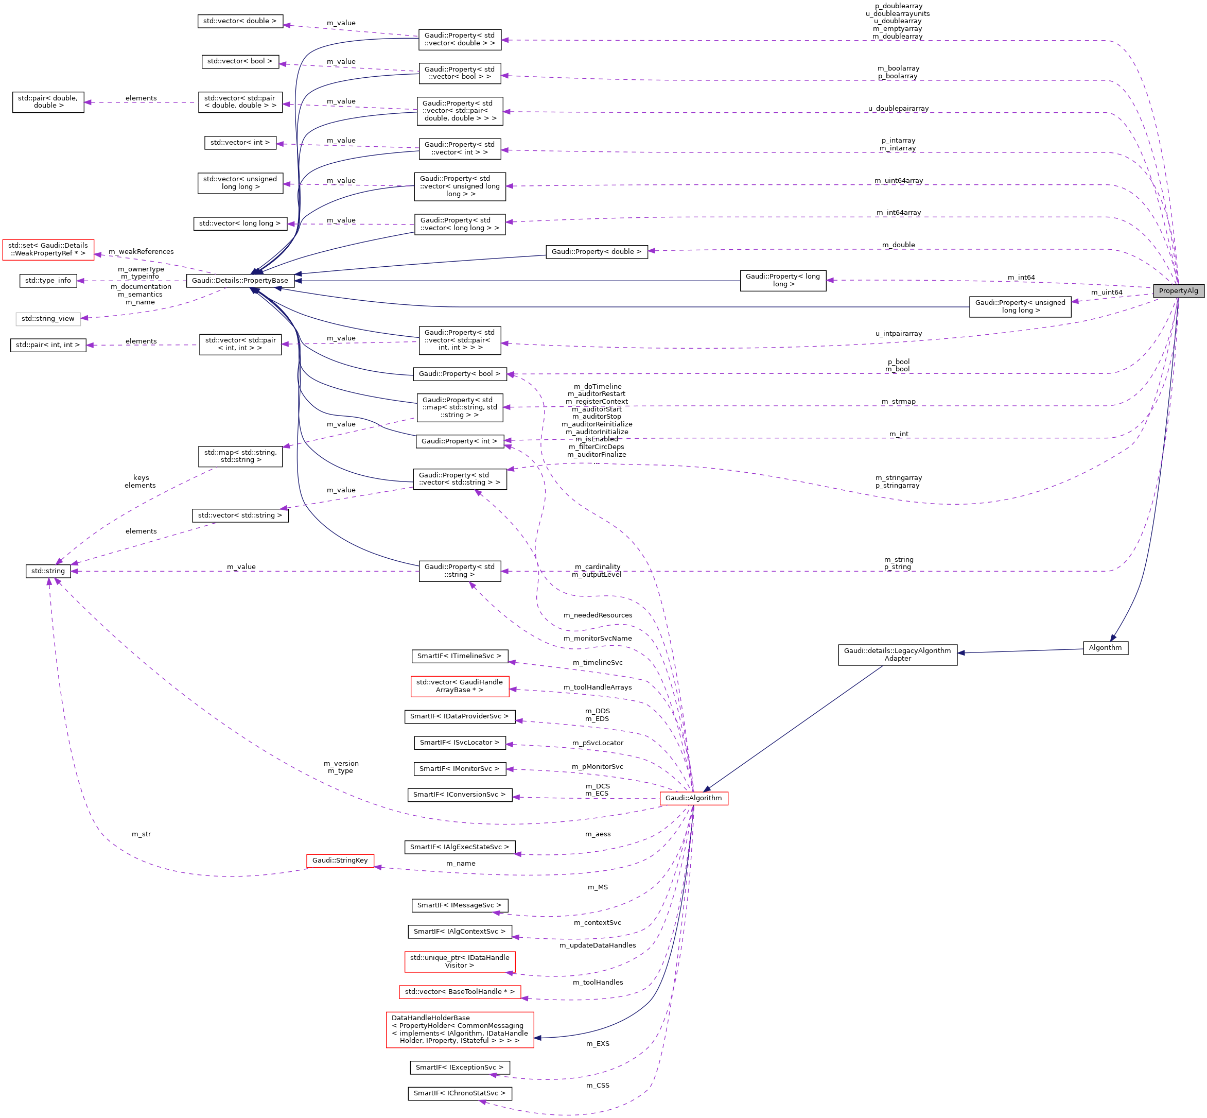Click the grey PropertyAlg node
click(x=1178, y=291)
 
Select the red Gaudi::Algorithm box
click(x=694, y=798)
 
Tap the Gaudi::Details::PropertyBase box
click(x=240, y=281)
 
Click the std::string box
click(x=48, y=571)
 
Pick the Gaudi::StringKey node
click(x=340, y=861)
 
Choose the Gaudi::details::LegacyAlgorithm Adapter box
click(x=897, y=655)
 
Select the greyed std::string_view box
click(x=48, y=319)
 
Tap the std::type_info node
click(x=48, y=281)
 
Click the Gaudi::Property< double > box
click(x=596, y=252)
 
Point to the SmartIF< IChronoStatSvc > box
click(x=460, y=1093)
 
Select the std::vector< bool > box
click(x=240, y=61)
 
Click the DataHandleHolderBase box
click(x=460, y=1029)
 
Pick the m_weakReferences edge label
click(x=141, y=252)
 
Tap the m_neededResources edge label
click(x=598, y=615)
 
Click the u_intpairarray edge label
click(x=899, y=333)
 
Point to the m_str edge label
click(x=141, y=834)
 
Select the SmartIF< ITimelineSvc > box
click(x=460, y=656)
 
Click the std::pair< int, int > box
click(x=48, y=345)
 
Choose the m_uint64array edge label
click(x=899, y=181)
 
